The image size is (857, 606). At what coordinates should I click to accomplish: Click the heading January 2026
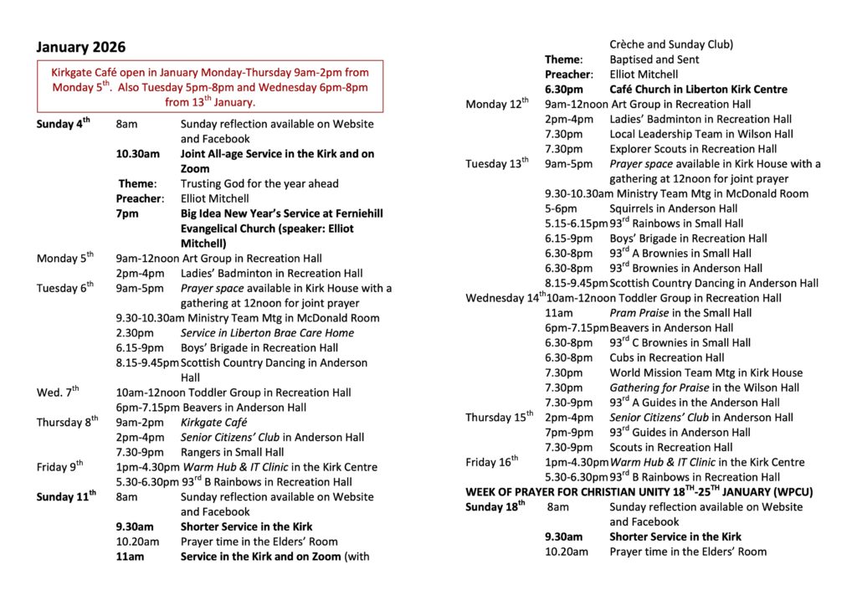pos(80,47)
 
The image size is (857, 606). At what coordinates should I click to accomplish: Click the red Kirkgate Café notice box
pos(209,86)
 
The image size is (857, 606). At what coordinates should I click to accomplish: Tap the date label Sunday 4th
pos(63,125)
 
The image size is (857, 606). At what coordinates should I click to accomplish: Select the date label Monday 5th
pos(64,259)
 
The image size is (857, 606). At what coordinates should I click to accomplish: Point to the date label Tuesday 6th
pos(64,288)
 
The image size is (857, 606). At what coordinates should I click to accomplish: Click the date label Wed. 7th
pos(58,393)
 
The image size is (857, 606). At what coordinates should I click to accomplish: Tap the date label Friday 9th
pos(59,467)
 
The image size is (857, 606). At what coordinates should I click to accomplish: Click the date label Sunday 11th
pos(65,497)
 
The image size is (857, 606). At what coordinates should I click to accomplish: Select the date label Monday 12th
pos(497,105)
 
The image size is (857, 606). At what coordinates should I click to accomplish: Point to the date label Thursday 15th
pos(499,418)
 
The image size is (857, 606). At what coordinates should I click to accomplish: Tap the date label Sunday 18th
pos(495,506)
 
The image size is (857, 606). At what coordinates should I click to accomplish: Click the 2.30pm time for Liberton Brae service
pos(132,333)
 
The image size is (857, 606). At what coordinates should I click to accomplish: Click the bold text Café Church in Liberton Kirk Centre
pos(698,90)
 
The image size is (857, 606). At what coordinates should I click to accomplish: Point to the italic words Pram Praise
pos(639,313)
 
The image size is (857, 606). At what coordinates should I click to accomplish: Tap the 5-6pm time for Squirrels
pos(561,208)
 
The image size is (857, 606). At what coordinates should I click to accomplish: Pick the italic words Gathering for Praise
pos(663,388)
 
